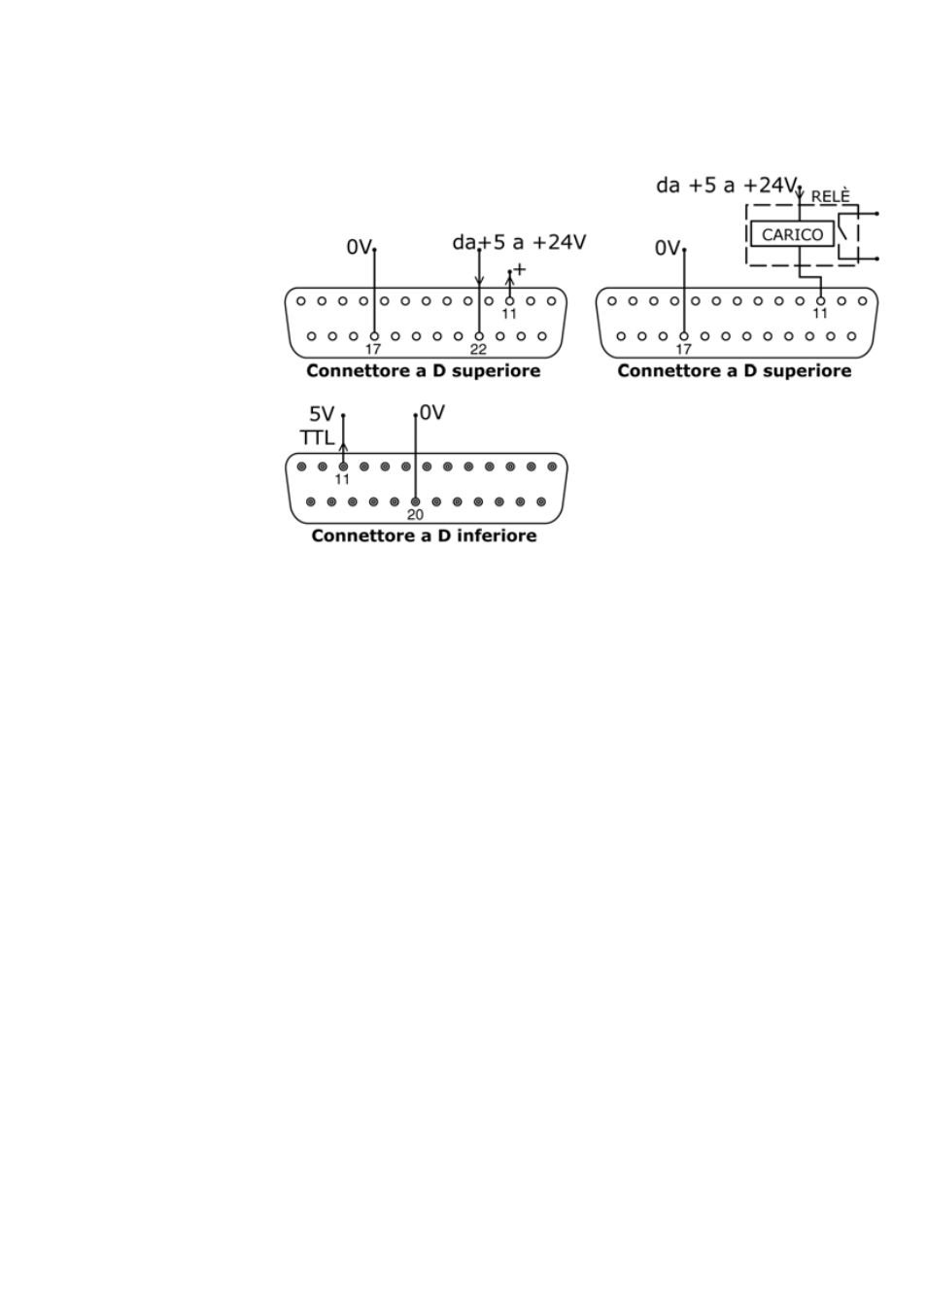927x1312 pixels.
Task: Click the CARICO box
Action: tap(792, 234)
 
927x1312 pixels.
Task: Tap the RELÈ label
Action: tap(830, 196)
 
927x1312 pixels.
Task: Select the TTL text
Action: tap(317, 437)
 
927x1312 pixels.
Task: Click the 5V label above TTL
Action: tap(322, 414)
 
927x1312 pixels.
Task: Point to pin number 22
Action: tap(478, 350)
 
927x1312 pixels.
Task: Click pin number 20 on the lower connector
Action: tap(415, 515)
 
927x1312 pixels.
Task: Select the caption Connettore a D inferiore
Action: tap(424, 535)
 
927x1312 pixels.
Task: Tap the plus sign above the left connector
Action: tap(519, 268)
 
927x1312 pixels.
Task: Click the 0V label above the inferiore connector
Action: tap(431, 413)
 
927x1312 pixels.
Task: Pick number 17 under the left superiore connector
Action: tap(373, 350)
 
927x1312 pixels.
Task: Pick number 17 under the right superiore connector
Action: tap(683, 350)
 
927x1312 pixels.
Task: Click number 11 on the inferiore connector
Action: tap(342, 479)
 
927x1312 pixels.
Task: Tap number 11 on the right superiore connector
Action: tap(820, 314)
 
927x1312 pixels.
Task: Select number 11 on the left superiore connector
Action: tap(509, 314)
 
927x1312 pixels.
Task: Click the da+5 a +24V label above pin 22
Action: tap(519, 242)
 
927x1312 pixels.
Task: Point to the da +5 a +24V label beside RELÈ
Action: tap(726, 185)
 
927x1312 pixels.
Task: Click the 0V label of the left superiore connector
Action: tap(359, 248)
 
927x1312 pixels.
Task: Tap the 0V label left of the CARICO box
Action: tap(668, 249)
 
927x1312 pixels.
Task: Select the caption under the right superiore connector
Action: tap(734, 370)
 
